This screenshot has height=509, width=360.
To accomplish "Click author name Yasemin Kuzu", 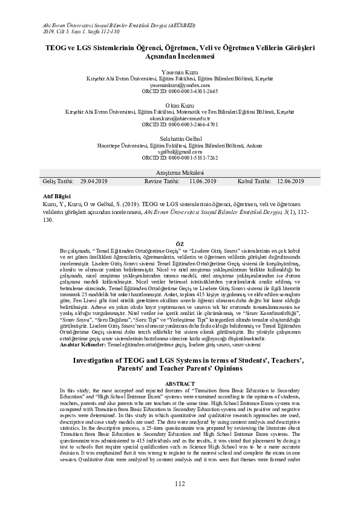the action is [180, 71].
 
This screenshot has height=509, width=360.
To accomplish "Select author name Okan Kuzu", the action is [180, 105].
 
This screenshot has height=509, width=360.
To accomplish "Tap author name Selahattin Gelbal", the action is [180, 138].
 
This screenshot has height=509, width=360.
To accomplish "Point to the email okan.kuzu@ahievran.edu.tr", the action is [180, 118].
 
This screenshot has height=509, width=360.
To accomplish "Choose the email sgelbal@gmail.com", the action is [180, 152].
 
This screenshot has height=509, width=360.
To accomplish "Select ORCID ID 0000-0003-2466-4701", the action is [180, 125].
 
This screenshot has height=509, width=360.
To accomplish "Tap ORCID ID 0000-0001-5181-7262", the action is [180, 158].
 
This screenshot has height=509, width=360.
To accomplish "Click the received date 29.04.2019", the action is [94, 181].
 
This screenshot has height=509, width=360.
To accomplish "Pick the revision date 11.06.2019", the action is [203, 181].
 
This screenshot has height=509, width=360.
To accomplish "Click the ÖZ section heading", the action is [180, 243].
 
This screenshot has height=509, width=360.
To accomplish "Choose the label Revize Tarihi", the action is [162, 181].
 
